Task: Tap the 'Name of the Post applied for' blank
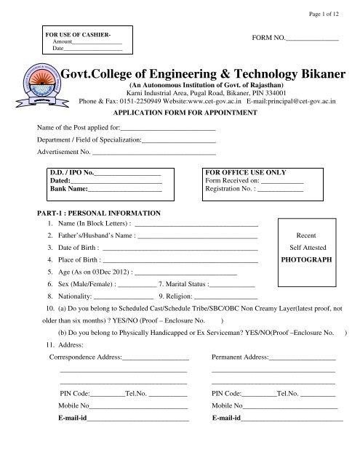[x=174, y=129]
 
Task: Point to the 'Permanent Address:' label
[x=240, y=357]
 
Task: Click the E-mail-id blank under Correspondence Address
[x=138, y=420]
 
